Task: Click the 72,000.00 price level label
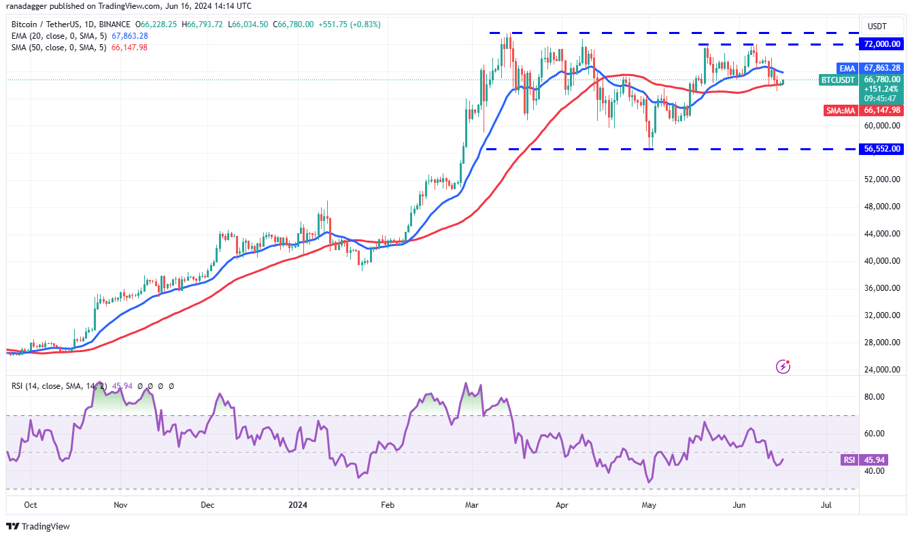[x=882, y=44]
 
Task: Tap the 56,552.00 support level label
[x=882, y=149]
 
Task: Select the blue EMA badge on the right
[x=847, y=68]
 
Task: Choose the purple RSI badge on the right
[x=849, y=460]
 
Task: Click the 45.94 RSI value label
[x=874, y=460]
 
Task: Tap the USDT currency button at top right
[x=877, y=26]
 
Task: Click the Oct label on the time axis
[x=30, y=505]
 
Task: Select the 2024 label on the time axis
[x=297, y=505]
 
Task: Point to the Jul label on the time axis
[x=826, y=505]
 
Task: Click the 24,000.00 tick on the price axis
[x=882, y=370]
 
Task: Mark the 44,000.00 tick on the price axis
[x=882, y=234]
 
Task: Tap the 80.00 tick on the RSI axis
[x=874, y=397]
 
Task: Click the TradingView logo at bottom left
[x=38, y=526]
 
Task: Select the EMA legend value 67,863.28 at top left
[x=127, y=36]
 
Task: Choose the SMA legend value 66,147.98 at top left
[x=127, y=48]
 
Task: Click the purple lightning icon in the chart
[x=783, y=367]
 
